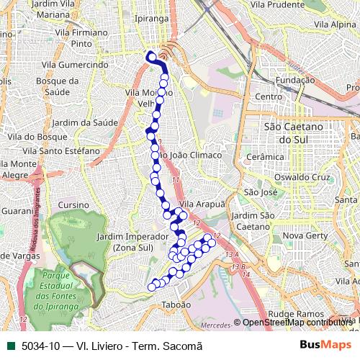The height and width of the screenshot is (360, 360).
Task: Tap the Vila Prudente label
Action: [278, 4]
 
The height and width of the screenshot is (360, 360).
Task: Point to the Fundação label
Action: [295, 80]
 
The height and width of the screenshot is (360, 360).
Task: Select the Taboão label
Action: [176, 305]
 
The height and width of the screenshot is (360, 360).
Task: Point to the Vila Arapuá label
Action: [202, 204]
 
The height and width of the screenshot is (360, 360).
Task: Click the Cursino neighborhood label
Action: [74, 205]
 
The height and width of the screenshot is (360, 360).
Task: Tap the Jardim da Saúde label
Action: [85, 122]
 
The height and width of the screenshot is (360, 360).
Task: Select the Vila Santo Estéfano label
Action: [61, 151]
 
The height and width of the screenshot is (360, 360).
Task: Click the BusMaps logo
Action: [325, 345]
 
